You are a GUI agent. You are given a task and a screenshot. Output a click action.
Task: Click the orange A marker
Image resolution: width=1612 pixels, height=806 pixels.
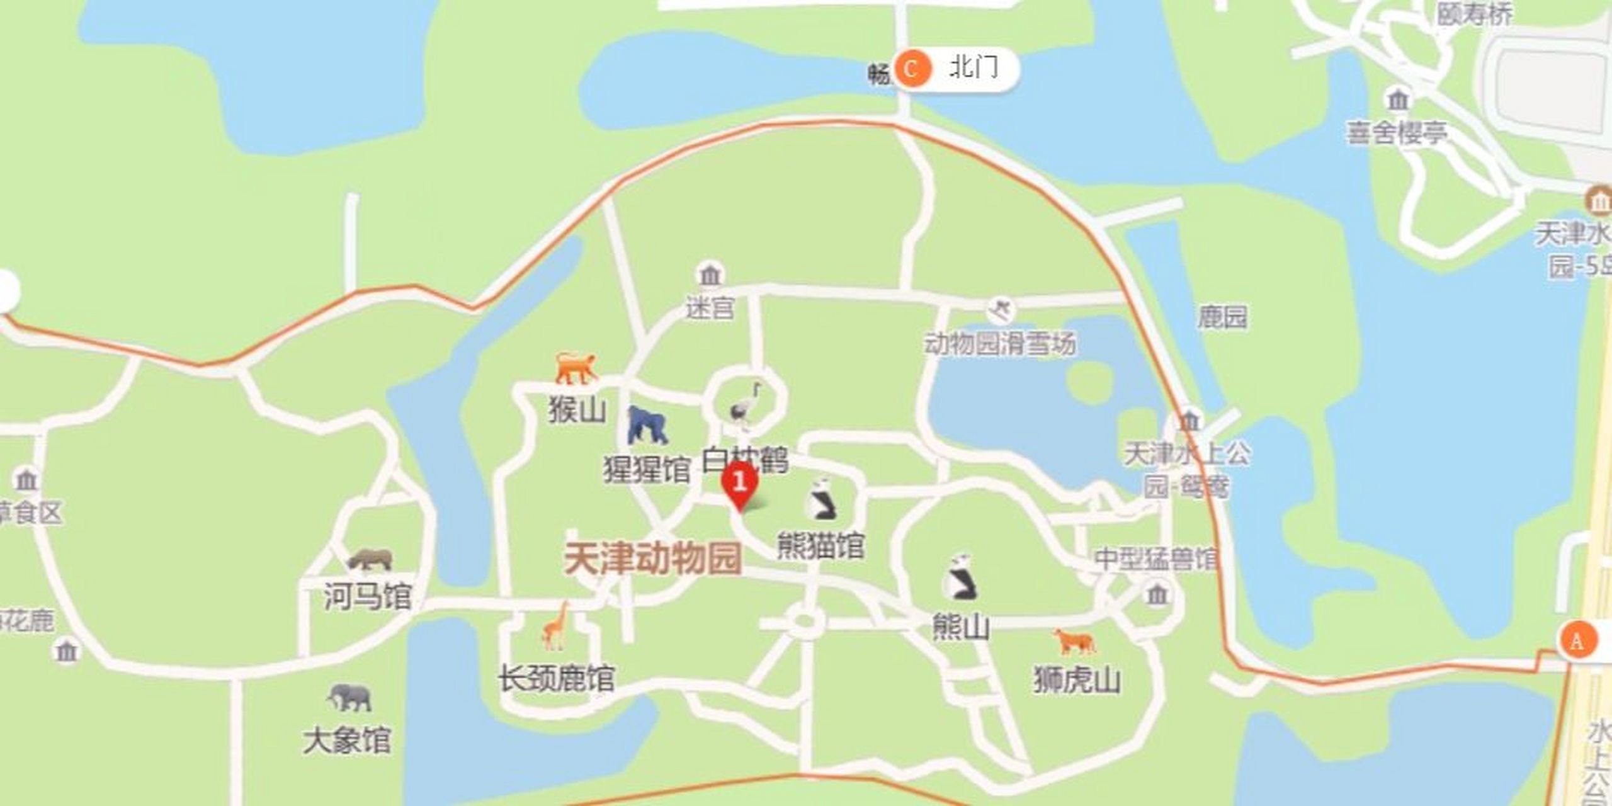pos(1577,640)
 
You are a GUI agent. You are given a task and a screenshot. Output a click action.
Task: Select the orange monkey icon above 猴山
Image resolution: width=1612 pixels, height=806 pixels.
pos(575,368)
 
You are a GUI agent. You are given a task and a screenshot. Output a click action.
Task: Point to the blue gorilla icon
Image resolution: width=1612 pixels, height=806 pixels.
pos(647,425)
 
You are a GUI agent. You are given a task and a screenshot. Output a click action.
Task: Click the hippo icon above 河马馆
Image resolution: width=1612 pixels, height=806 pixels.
pos(370,559)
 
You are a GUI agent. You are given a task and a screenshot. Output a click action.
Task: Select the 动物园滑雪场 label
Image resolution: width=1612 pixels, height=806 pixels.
pos(1000,344)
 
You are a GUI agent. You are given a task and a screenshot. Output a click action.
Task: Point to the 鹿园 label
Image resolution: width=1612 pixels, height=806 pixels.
pos(1222,317)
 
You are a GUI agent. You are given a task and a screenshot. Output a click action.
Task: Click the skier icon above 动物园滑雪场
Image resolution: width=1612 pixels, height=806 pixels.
pos(999,311)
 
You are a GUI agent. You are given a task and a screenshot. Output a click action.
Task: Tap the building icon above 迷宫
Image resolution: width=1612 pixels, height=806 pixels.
pos(710,275)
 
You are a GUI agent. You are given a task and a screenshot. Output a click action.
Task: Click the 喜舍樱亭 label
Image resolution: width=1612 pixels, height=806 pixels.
pos(1397,133)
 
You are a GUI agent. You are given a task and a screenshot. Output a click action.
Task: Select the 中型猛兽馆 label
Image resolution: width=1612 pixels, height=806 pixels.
pos(1156,559)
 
